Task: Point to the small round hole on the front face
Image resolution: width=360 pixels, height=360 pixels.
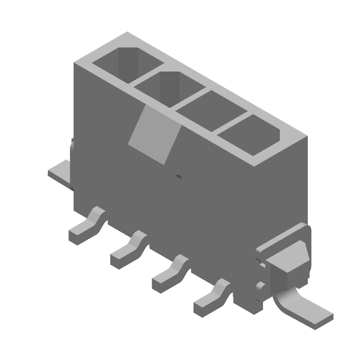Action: (x=178, y=178)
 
